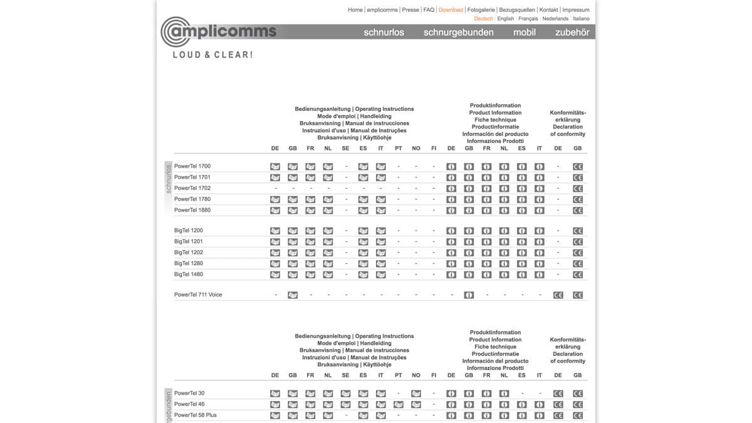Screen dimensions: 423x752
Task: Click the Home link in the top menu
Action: click(x=355, y=10)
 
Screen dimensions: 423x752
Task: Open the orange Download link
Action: click(x=451, y=10)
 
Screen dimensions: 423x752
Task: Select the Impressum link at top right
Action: click(x=575, y=10)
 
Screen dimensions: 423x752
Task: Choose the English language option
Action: click(x=505, y=19)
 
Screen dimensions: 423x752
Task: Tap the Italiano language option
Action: click(x=581, y=19)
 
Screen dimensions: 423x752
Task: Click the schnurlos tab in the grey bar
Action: click(x=384, y=32)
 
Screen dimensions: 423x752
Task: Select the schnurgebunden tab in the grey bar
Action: click(x=458, y=32)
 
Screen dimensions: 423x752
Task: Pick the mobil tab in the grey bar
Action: click(x=524, y=32)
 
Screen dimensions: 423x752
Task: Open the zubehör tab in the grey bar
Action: click(x=572, y=32)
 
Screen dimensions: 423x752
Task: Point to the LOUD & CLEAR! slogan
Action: click(x=212, y=55)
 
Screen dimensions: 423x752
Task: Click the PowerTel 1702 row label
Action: click(x=192, y=188)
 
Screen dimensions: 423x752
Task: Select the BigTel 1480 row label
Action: click(x=189, y=274)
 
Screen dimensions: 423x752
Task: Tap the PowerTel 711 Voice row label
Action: click(x=198, y=295)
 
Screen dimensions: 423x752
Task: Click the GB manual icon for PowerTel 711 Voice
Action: click(x=293, y=295)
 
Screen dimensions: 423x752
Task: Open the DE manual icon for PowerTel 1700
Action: click(x=275, y=167)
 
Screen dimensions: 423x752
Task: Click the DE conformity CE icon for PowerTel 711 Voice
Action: click(x=558, y=295)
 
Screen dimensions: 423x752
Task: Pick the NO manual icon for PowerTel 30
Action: click(x=416, y=394)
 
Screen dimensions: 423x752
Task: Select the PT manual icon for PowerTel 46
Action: click(x=399, y=405)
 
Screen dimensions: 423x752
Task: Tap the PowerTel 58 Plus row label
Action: click(x=196, y=415)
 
